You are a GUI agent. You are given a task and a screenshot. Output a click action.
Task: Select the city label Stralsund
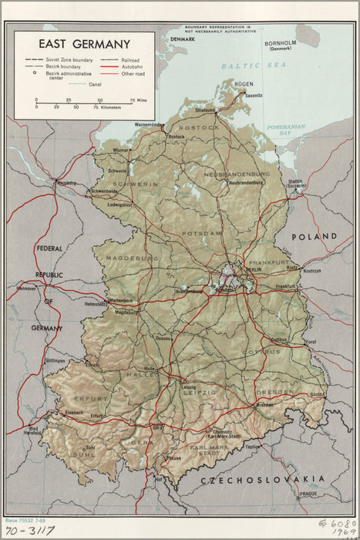(205, 110)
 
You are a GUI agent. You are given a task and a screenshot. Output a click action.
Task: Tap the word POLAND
(313, 237)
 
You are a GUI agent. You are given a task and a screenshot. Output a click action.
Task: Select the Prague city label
(309, 494)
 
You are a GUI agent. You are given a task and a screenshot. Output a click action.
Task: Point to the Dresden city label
(264, 405)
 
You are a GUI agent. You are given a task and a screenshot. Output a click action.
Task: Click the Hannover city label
(27, 288)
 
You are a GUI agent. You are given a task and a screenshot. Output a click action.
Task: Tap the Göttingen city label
(55, 361)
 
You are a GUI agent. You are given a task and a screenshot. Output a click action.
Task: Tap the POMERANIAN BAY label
(286, 130)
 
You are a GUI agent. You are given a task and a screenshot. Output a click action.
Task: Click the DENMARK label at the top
(183, 38)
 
